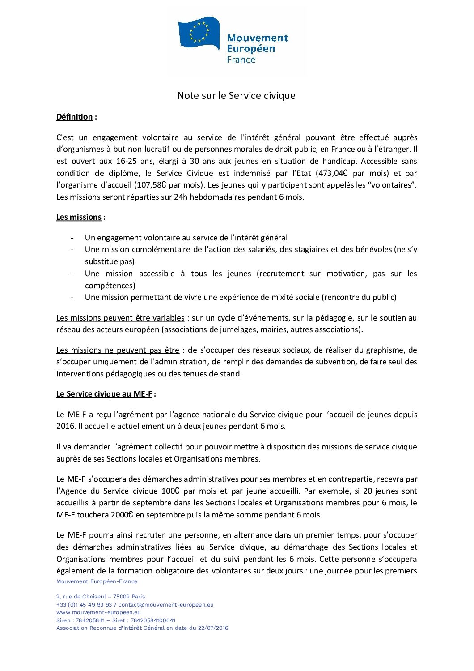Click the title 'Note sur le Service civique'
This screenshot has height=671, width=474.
coord(236,95)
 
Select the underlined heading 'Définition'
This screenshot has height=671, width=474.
coord(74,117)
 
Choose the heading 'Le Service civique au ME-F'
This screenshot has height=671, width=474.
coord(104,394)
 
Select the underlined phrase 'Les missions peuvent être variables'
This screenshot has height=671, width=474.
coord(120,318)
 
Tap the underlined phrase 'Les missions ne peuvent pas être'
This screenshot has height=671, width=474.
coord(118,350)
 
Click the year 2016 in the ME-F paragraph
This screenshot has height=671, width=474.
coord(66,426)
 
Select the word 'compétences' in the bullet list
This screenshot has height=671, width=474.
coord(110,286)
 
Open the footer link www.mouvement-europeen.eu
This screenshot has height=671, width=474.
coord(98,612)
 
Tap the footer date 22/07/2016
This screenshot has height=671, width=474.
coord(213,628)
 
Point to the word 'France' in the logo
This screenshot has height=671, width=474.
coord(241,60)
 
